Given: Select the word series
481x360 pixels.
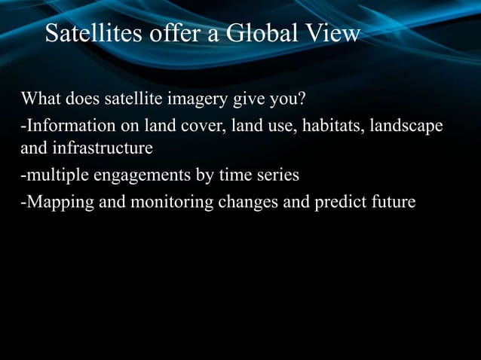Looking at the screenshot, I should pos(276,175).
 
